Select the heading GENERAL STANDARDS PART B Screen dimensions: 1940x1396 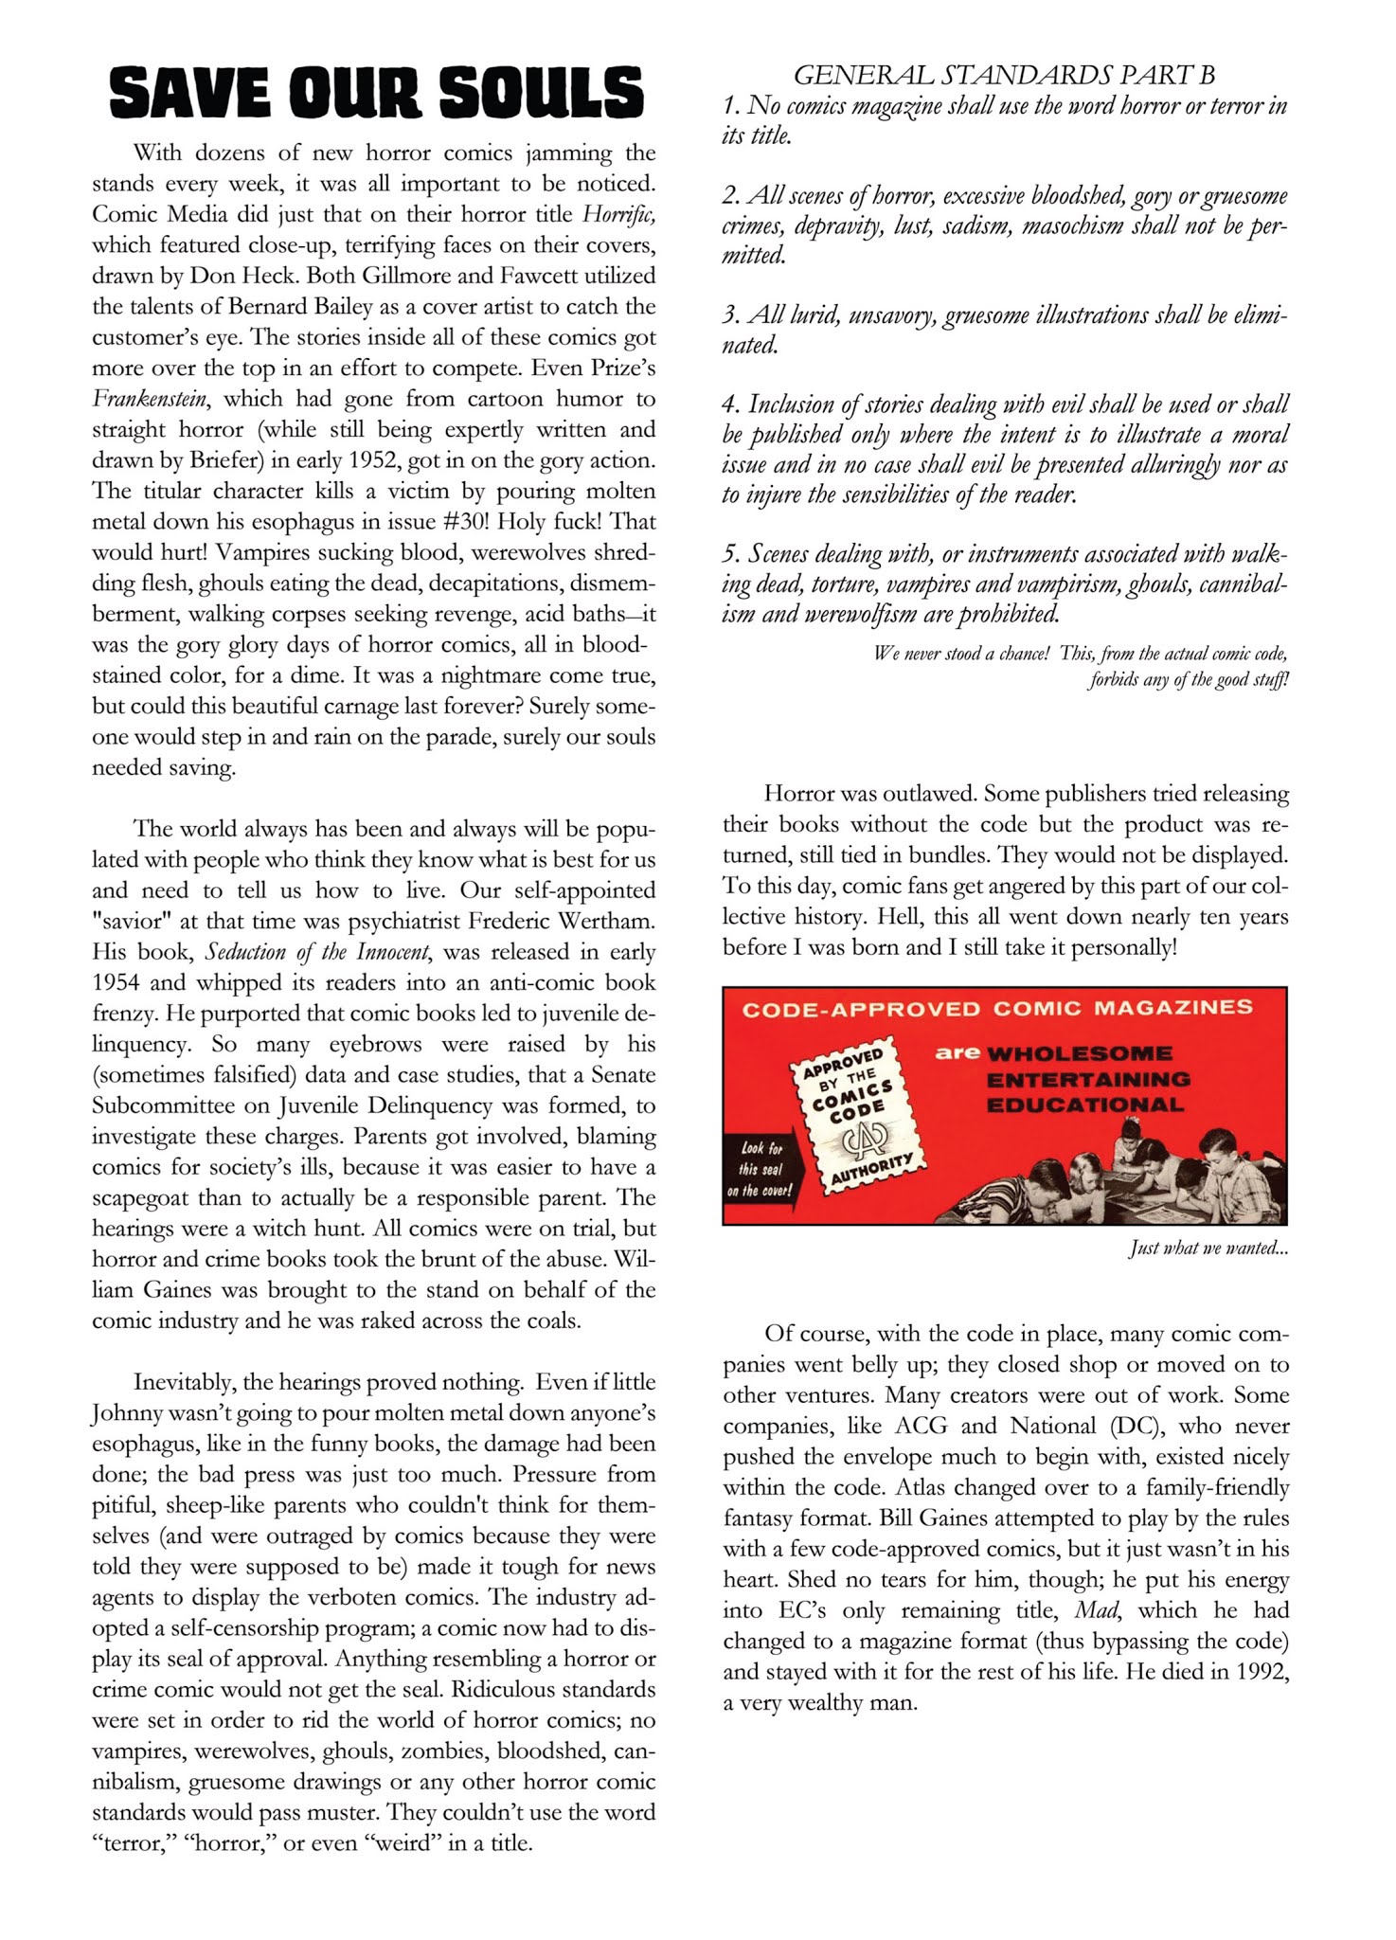pos(1004,75)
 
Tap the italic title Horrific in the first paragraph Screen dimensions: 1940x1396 pos(618,214)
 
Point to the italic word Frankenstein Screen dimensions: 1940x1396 pos(150,399)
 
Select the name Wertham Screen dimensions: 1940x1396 pos(606,921)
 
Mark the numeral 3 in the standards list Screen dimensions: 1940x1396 pos(730,314)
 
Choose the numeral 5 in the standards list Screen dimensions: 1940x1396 pos(730,553)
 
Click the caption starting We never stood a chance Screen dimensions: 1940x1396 pos(1080,666)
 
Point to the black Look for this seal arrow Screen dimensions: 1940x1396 pos(761,1169)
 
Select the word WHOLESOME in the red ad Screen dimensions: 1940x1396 pos(1079,1053)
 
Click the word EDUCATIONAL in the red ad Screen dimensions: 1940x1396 pos(1084,1105)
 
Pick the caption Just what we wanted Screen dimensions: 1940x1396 pos(1208,1248)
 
